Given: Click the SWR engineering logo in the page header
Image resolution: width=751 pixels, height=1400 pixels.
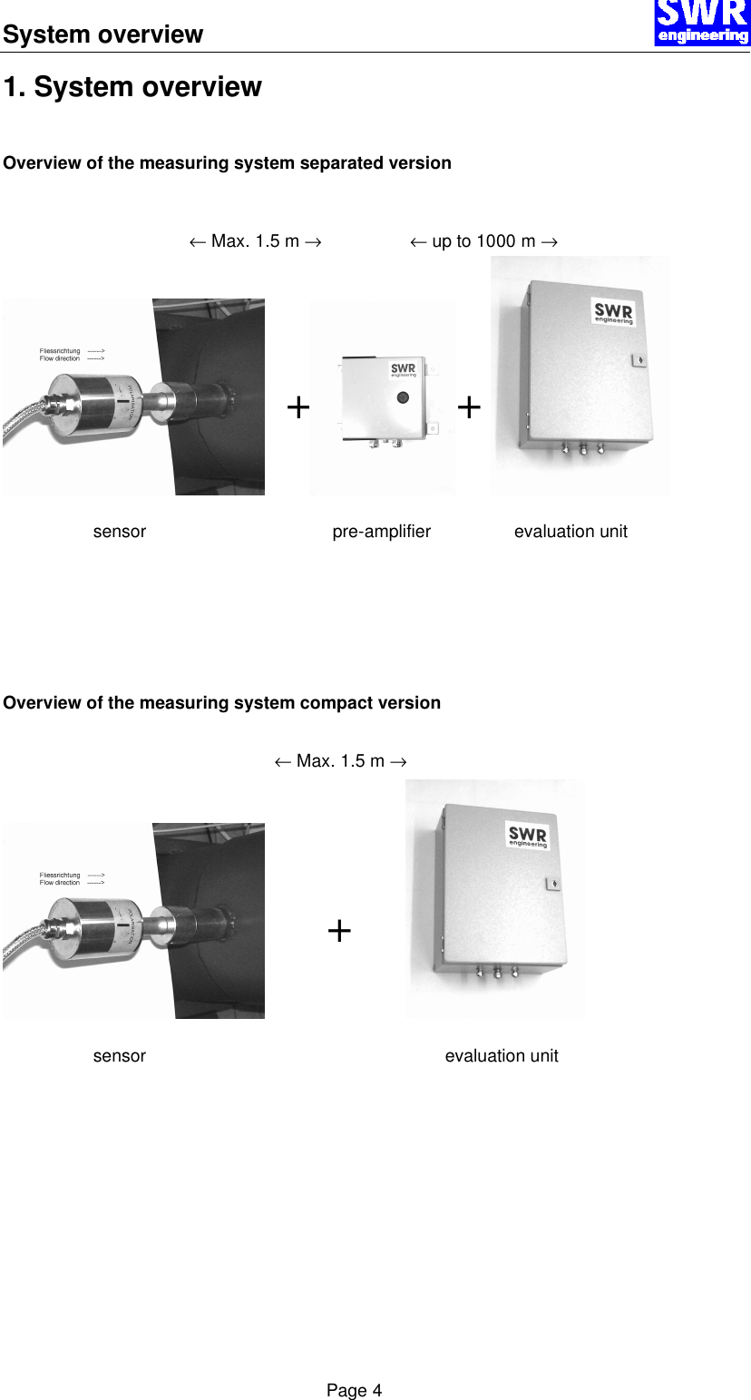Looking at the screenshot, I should pos(702,23).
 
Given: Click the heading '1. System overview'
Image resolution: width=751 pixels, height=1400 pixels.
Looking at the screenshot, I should pos(132,87).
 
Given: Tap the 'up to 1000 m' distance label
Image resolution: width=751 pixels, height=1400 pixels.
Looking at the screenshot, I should pos(483,241).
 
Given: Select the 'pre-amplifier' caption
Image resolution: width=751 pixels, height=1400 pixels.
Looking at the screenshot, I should pos(381,532).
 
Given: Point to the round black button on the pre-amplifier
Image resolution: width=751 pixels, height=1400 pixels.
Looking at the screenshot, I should pos(403,397).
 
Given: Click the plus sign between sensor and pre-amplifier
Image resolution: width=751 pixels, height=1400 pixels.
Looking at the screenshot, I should pos(297,408).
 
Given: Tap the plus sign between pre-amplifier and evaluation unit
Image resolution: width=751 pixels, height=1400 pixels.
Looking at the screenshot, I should pos(469,408).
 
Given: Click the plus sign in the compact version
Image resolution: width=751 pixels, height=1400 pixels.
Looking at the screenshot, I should pos(339,931).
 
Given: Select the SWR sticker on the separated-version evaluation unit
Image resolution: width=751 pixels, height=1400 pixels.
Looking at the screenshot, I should pos(614,312).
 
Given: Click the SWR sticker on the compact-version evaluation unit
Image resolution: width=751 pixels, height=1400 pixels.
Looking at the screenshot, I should pos(528,836).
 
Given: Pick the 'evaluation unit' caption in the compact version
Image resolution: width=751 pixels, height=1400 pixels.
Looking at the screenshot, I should pos(502,1056).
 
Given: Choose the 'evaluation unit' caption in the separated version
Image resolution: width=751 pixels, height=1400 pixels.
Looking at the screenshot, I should pos(571,532).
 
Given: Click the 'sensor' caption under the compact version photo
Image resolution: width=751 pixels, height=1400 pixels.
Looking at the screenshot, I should pos(120,1056).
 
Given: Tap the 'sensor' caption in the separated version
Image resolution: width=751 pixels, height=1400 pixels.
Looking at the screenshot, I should pos(120,532).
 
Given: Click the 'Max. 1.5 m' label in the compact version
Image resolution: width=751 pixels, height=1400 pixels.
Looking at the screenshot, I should pos(340,761).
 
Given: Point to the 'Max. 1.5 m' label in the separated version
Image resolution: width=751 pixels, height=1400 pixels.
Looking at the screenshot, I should pos(255,241).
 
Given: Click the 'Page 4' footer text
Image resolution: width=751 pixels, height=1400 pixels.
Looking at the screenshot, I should pos(355,1391).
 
